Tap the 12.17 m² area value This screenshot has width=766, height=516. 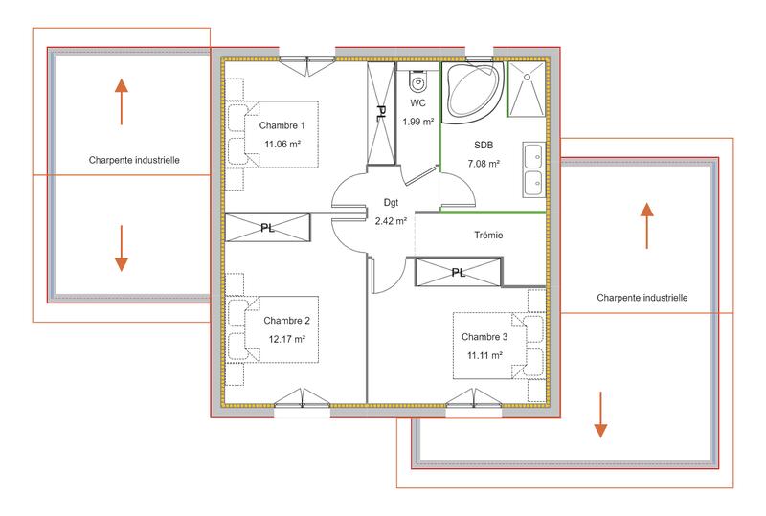[286, 339]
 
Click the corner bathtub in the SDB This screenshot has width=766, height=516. [469, 91]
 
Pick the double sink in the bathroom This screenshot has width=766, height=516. [533, 169]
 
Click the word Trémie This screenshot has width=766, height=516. [488, 235]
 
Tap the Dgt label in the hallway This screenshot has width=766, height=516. [391, 203]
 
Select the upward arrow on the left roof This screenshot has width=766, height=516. [122, 101]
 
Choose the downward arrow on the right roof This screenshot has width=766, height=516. [599, 414]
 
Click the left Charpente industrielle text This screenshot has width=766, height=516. [134, 160]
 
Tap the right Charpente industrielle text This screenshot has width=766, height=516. [642, 298]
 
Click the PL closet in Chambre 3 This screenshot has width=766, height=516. [459, 272]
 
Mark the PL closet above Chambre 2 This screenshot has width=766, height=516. [268, 228]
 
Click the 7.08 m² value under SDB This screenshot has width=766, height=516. [484, 164]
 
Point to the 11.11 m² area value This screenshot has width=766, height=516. [484, 354]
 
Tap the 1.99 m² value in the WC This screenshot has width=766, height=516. [417, 122]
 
